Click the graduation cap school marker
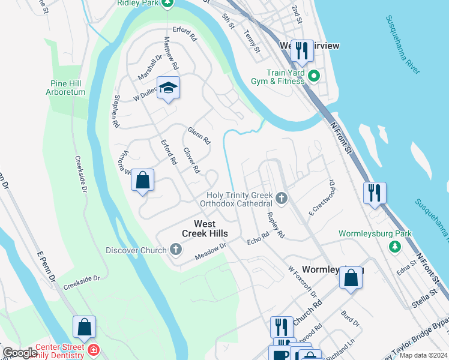tap(169, 88)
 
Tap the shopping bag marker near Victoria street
tap(143, 180)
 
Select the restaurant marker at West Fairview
tap(303, 51)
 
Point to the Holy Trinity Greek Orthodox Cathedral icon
tap(281, 197)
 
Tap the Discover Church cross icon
tap(175, 249)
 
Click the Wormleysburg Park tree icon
tap(395, 246)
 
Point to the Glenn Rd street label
tap(199, 136)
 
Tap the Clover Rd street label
tap(191, 160)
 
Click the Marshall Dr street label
tap(150, 68)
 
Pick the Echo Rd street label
tap(259, 238)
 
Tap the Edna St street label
tap(406, 268)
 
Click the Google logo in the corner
tap(20, 353)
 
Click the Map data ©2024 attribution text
tap(423, 355)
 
